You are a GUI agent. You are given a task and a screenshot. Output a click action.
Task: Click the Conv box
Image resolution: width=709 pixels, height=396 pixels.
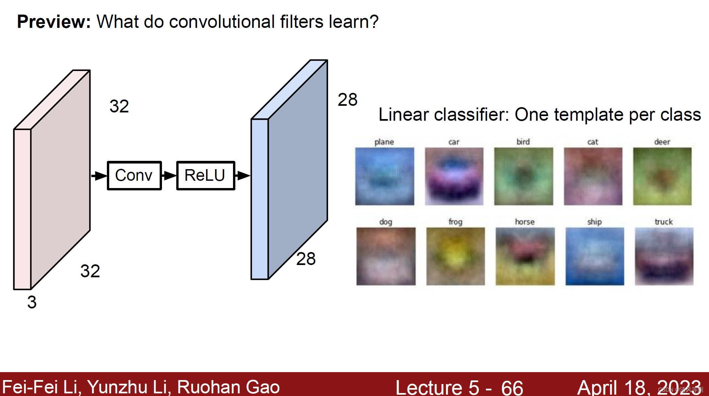134,175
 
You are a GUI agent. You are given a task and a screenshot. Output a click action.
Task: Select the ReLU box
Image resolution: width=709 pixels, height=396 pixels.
205,175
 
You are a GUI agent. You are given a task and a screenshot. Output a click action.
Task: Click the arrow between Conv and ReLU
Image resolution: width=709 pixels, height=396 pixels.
169,175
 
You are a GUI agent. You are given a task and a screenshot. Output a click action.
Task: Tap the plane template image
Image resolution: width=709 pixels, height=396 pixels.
384,176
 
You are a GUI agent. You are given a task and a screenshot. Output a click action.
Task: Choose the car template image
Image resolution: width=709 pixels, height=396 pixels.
454,176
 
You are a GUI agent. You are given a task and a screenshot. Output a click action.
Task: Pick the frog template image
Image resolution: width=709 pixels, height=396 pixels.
455,256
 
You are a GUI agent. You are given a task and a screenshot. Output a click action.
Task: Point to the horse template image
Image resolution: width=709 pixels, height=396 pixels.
525,256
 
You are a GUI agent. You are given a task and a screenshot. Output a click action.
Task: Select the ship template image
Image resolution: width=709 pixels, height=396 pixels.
594,256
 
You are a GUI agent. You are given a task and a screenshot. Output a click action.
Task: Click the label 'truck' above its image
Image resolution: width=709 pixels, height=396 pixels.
664,222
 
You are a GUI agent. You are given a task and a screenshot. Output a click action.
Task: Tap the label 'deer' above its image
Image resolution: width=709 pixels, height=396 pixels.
662,142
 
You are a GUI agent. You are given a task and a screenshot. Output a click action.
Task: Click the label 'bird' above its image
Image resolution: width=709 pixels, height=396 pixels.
523,142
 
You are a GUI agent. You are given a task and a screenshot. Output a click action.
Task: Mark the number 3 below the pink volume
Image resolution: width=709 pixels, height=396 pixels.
32,302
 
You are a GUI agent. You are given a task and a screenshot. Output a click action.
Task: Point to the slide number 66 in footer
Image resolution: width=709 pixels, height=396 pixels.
512,387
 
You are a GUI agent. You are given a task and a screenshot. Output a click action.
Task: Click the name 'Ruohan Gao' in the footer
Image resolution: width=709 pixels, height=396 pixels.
228,387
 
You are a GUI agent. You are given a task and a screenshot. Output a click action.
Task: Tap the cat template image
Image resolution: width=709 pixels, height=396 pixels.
593,176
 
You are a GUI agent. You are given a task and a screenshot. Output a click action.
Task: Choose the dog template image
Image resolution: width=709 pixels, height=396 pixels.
386,256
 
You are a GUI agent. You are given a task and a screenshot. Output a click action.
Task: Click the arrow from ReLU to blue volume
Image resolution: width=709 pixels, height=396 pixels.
243,175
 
